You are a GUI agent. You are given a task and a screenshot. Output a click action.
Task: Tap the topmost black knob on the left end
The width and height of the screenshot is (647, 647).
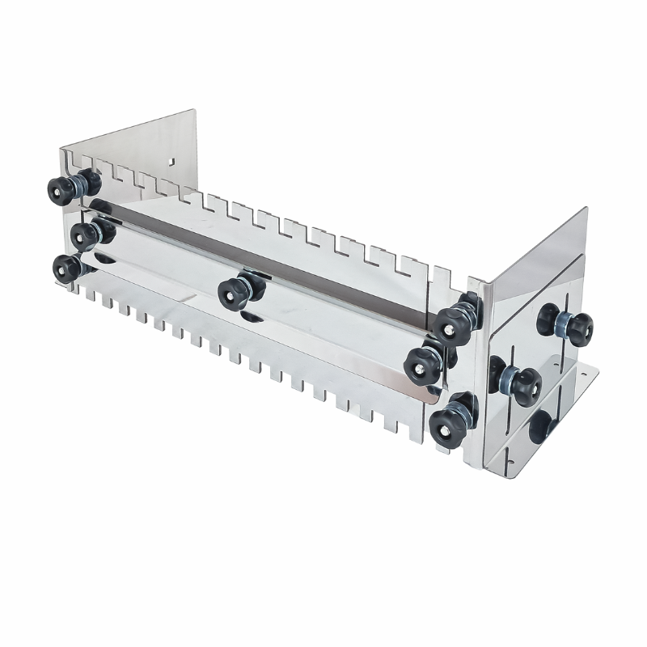(x=62, y=191)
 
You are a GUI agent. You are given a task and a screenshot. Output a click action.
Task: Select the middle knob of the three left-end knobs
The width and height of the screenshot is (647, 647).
(x=84, y=236)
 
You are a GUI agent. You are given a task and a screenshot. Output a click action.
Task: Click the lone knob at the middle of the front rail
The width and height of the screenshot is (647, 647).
(x=235, y=292)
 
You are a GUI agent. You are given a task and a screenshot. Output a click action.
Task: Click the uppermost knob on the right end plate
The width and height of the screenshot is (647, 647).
(x=573, y=326)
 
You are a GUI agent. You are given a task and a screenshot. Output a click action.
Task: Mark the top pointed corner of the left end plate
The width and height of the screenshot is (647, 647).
(x=195, y=111)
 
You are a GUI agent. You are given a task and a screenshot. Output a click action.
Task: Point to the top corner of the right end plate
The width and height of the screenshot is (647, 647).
(x=586, y=209)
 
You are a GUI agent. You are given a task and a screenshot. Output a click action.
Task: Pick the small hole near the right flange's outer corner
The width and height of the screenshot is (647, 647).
(x=585, y=374)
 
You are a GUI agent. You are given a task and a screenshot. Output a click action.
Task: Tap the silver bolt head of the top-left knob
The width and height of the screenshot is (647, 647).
(x=56, y=192)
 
